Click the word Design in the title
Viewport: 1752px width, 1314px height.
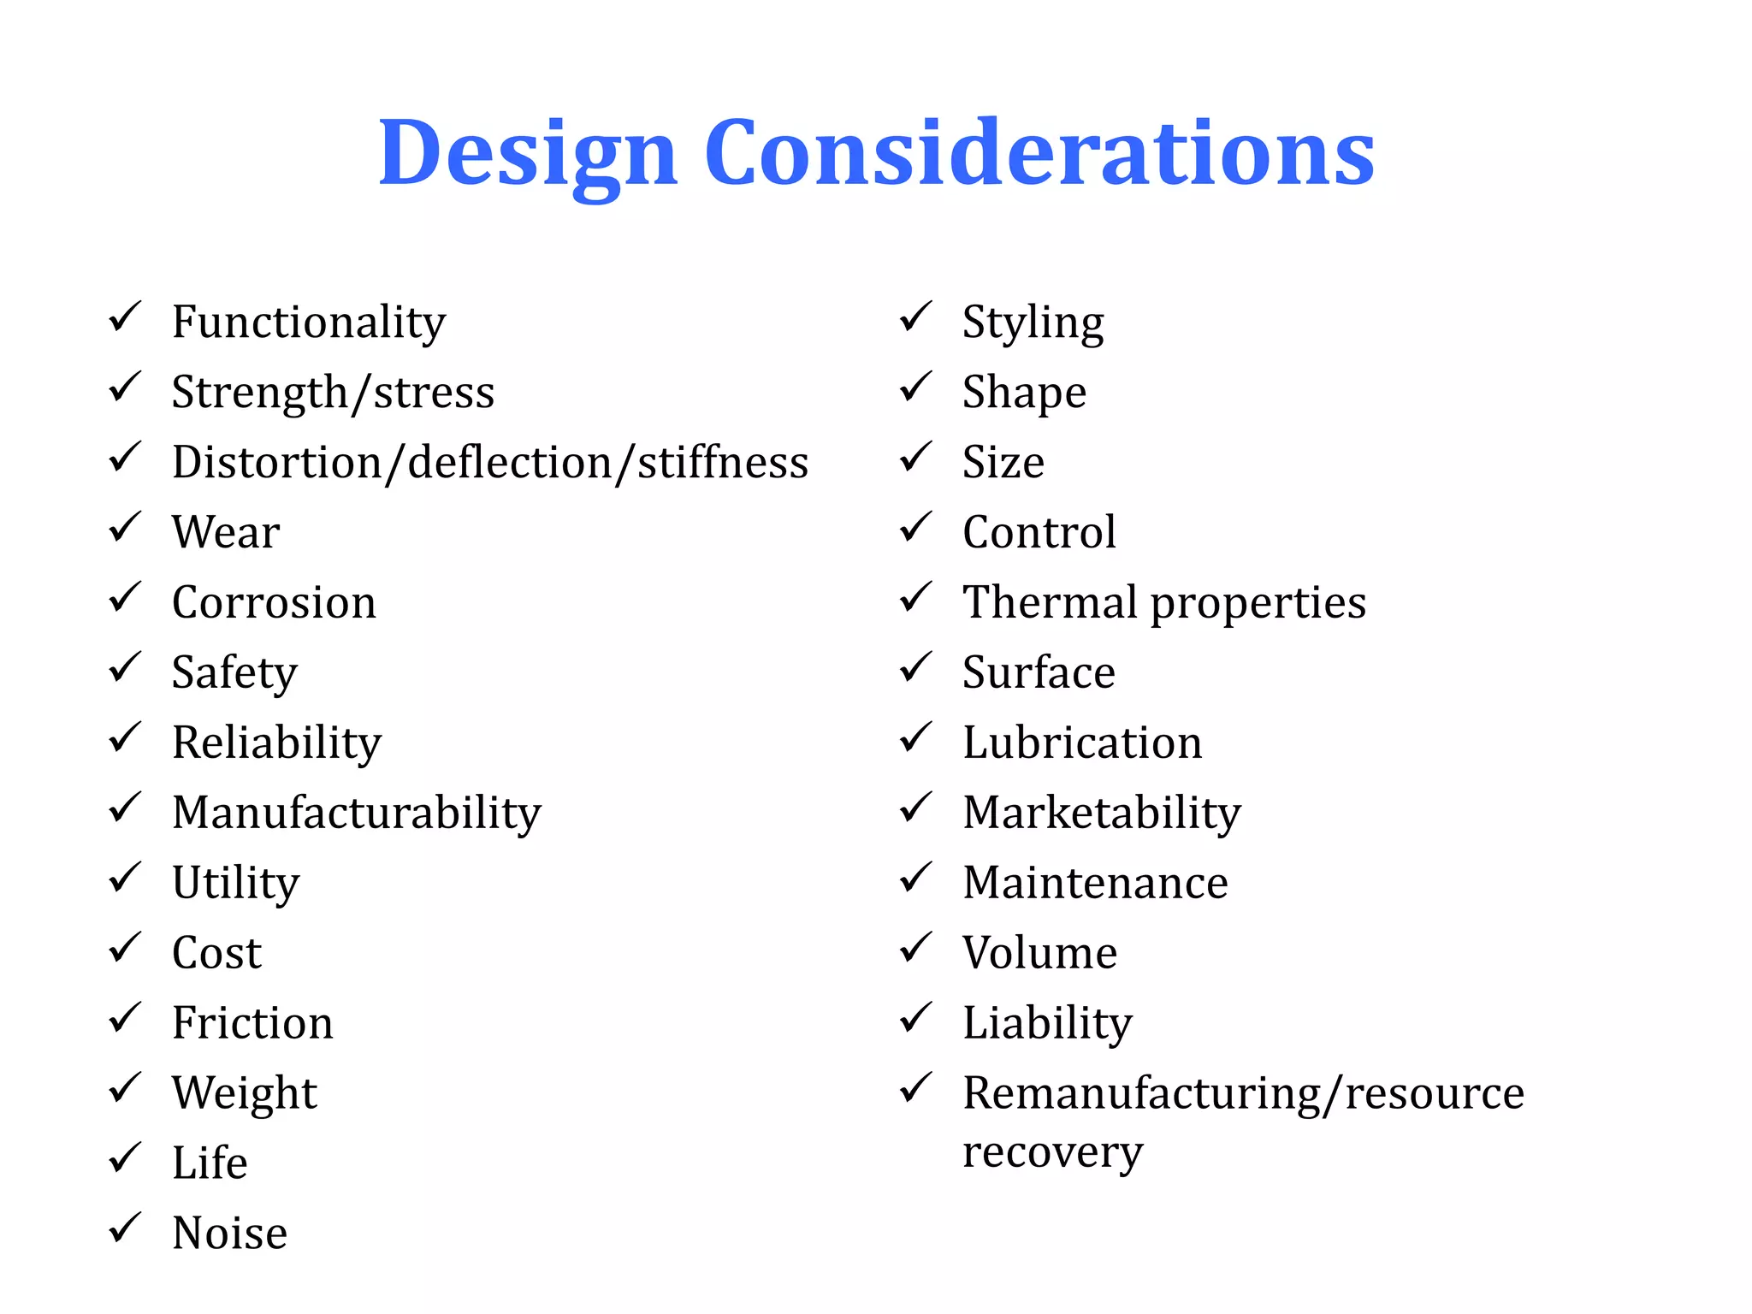click(528, 154)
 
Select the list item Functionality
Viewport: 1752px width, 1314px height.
click(308, 323)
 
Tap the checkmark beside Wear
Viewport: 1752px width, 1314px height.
click(125, 528)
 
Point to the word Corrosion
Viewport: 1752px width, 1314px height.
click(274, 602)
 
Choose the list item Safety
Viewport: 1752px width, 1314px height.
click(234, 672)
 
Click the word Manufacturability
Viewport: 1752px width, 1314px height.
click(357, 813)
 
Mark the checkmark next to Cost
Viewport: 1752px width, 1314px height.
click(125, 948)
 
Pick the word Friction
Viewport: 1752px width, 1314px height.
click(252, 1022)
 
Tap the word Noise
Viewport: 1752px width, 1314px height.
click(229, 1233)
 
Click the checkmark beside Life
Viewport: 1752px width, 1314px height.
click(125, 1158)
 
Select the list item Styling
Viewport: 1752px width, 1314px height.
click(1033, 323)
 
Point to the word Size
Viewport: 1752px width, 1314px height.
click(1003, 462)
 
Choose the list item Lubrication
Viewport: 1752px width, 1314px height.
click(1081, 743)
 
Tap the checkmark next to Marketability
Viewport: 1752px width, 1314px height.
click(915, 808)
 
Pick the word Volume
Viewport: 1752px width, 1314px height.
click(1039, 952)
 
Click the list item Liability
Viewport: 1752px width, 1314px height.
click(1047, 1023)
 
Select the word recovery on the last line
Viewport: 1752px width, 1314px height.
click(1052, 1152)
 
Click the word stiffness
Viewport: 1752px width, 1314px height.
click(723, 462)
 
